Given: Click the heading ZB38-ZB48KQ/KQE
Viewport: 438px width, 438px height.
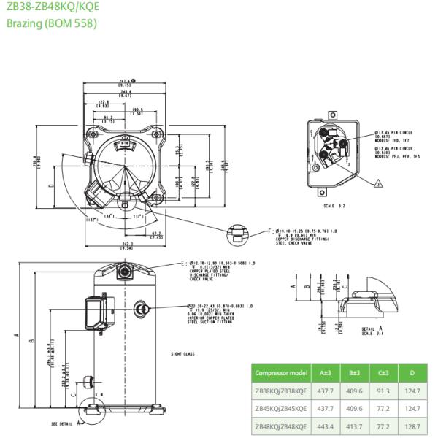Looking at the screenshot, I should click(53, 8).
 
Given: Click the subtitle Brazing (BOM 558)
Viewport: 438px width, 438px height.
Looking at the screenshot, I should click(51, 23).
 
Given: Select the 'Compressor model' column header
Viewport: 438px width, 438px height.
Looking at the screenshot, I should click(280, 373).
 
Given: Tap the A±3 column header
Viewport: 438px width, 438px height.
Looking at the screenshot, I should click(323, 373).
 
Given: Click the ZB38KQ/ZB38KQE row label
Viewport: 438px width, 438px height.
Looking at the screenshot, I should click(280, 391).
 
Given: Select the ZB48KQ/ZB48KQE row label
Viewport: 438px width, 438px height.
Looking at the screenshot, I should click(280, 426).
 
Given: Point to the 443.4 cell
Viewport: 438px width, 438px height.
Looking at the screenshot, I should click(323, 426).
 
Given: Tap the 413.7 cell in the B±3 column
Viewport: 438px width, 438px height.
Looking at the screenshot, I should click(354, 426).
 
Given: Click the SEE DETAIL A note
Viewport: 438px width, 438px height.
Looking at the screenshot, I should click(65, 424).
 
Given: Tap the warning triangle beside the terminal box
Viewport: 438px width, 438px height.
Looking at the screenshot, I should click(379, 184).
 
